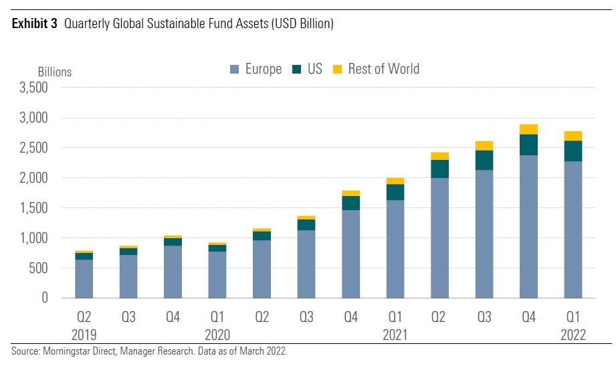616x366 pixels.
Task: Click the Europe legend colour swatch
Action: tap(234, 69)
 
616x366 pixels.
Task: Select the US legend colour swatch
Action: tap(296, 69)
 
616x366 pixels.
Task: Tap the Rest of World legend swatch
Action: tap(337, 69)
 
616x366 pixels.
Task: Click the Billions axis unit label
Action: tap(54, 72)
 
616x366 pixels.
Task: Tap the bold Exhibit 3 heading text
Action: tap(33, 24)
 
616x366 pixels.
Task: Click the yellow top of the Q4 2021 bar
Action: tap(528, 129)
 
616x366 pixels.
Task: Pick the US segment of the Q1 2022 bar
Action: tap(573, 151)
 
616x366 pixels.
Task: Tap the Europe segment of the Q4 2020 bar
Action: tap(350, 254)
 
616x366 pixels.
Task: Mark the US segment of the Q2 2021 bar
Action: tap(439, 169)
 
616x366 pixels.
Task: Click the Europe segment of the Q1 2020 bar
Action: tap(217, 274)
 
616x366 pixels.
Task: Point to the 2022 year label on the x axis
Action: tap(573, 334)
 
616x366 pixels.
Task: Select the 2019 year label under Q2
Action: tap(84, 334)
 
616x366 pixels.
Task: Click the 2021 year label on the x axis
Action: tap(395, 334)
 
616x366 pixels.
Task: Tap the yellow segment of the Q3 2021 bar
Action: tap(484, 146)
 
